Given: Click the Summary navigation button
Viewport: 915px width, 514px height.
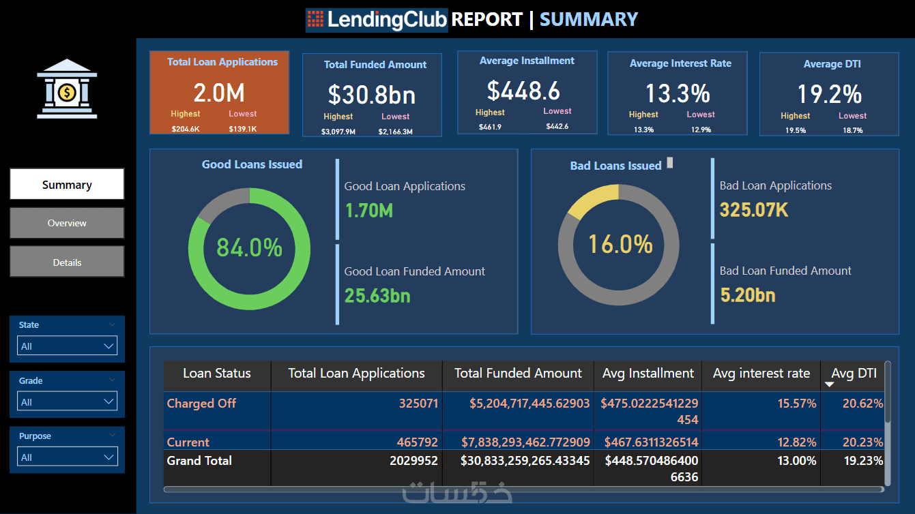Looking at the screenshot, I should pos(67,184).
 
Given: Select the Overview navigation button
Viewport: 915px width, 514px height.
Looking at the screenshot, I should pos(67,223).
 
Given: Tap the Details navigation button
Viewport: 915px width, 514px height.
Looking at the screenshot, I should pos(67,262).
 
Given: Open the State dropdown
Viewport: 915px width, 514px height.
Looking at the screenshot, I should pos(67,346).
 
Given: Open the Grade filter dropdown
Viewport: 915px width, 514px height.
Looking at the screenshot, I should pos(67,402).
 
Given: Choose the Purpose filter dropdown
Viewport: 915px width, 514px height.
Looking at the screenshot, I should pos(67,457).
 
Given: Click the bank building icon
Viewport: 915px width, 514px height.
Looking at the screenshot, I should pos(67,89).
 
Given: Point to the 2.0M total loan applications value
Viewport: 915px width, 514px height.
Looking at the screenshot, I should pos(219,93).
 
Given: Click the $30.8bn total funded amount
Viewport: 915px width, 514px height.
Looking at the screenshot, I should pos(372,95).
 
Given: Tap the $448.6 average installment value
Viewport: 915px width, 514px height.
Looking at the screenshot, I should pos(523,90).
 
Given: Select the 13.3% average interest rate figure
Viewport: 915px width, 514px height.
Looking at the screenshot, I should pos(678,93).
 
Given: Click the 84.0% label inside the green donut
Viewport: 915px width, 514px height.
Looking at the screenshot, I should pos(249,247).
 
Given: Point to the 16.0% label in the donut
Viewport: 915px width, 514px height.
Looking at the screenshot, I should pos(620,244).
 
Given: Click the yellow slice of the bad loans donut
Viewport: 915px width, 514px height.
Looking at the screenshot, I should pos(590,200).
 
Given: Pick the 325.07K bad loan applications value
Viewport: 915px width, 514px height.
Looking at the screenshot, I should pos(754,210).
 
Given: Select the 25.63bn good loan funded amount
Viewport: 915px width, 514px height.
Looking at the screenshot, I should pos(377,296).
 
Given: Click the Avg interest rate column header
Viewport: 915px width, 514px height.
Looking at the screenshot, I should pos(761,374).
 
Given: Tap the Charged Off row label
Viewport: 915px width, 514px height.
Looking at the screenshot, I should pos(201,404).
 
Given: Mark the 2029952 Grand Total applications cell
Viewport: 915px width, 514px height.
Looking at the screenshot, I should pos(413,461).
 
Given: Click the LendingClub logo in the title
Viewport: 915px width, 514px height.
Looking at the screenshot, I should pos(377,20).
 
